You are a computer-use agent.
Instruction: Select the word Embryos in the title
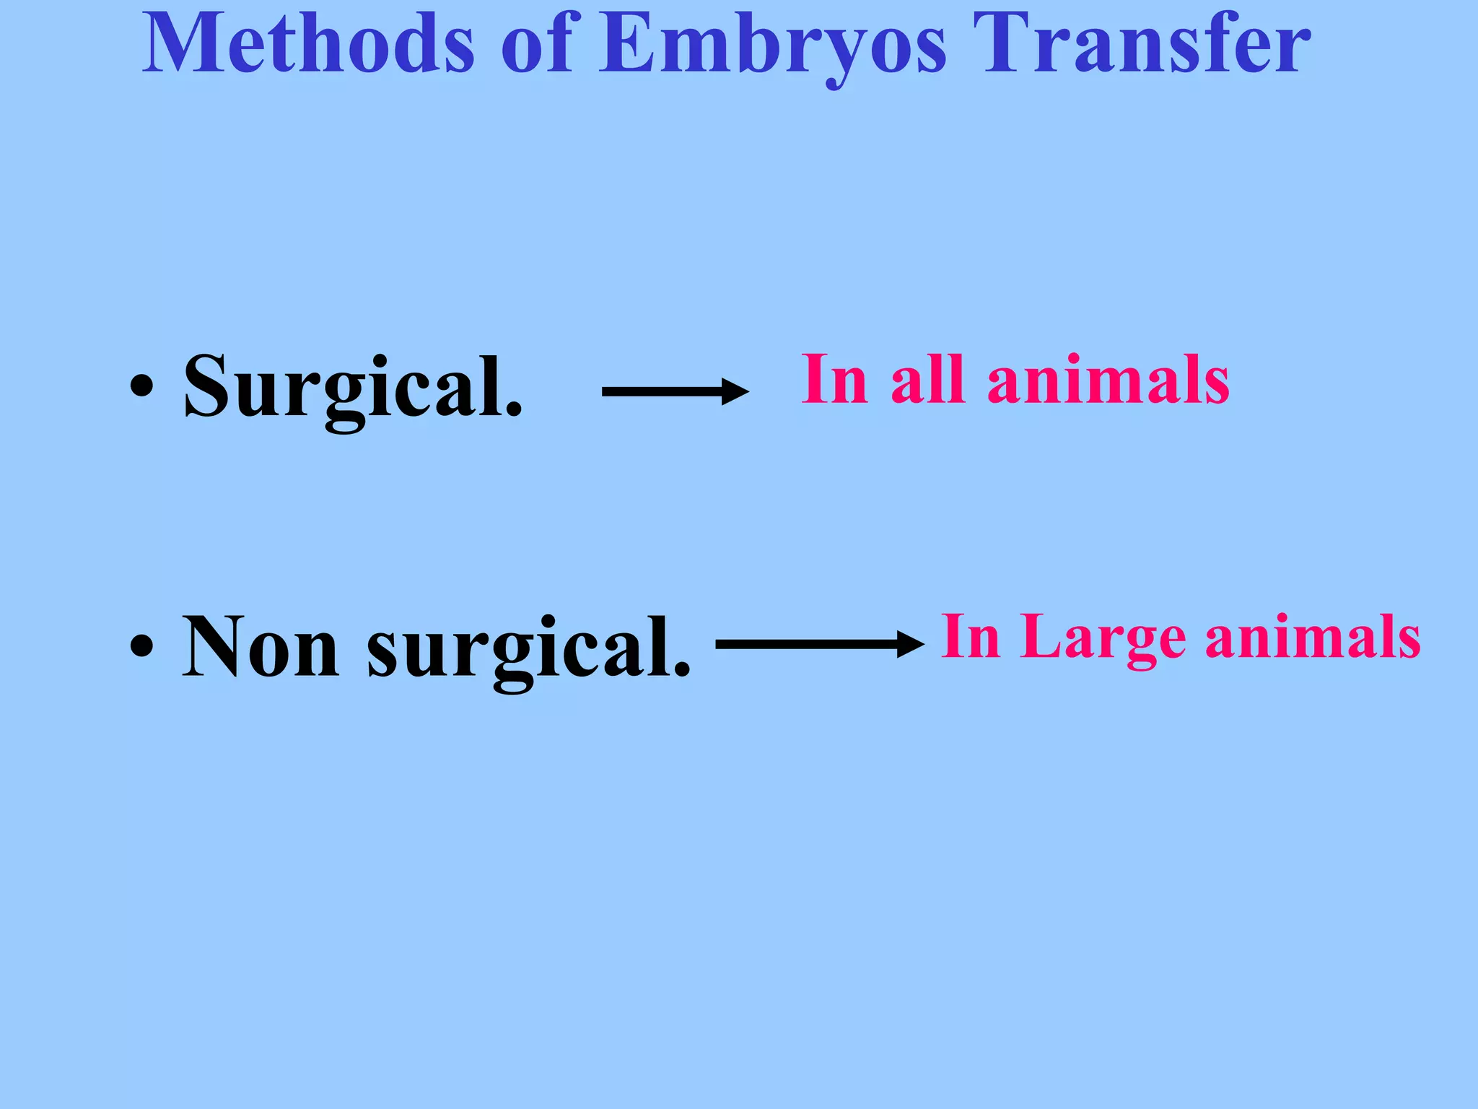[773, 45]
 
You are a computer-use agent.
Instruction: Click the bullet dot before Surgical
[141, 386]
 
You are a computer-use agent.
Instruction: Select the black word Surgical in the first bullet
[351, 386]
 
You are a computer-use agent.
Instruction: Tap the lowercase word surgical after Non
[528, 646]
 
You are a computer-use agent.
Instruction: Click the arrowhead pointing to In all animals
[735, 392]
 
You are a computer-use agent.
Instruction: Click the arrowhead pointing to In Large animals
[910, 643]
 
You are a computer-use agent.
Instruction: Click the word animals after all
[1108, 380]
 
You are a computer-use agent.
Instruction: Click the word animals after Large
[1313, 638]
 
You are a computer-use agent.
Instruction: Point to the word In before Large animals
[971, 636]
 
